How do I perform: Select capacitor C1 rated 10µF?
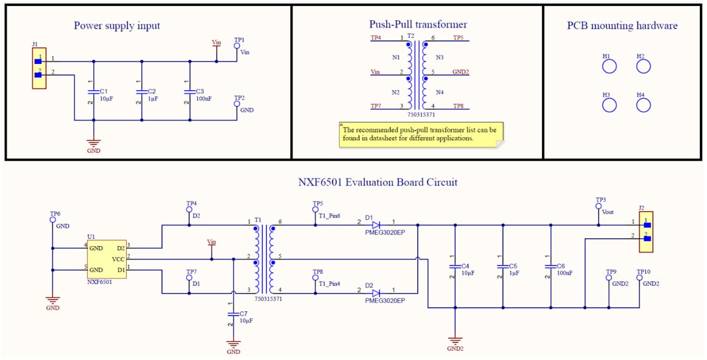click(93, 91)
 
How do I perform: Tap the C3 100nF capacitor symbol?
click(190, 91)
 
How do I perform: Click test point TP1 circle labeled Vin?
click(237, 46)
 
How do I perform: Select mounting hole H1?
click(609, 66)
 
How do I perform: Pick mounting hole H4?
click(644, 105)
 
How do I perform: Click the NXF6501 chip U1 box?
click(107, 259)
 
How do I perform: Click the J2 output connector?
click(645, 232)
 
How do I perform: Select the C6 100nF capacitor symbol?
click(550, 266)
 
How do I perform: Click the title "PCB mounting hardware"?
click(622, 26)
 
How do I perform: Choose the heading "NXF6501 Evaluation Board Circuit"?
click(378, 182)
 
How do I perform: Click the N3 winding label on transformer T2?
click(440, 57)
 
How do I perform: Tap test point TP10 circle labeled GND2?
click(639, 278)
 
